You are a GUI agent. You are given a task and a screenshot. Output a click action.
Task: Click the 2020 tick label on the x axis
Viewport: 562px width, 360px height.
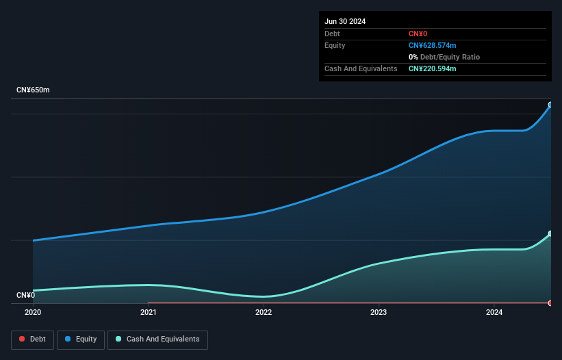33,313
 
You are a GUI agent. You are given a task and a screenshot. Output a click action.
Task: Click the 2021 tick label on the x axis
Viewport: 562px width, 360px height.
148,313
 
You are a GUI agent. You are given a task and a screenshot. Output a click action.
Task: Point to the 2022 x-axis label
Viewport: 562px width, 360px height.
264,313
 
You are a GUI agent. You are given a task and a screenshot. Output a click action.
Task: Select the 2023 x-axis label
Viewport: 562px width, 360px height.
379,313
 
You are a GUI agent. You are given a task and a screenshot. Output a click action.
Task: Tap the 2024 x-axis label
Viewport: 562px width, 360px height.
494,313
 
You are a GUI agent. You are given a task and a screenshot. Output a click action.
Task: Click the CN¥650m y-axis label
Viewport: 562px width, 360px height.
33,90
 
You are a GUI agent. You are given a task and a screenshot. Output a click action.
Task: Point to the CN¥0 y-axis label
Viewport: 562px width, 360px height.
25,296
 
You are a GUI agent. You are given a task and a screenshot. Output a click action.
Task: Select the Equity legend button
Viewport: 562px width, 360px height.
81,339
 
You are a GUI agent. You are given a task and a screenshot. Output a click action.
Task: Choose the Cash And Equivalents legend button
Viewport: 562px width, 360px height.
157,339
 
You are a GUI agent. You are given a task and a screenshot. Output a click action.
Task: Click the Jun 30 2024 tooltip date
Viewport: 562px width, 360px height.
345,21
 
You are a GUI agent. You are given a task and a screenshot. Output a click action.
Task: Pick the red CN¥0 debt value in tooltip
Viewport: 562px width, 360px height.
418,34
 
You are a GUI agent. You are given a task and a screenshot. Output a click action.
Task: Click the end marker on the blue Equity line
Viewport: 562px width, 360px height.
550,105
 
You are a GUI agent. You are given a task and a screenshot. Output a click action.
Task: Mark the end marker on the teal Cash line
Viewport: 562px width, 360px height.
550,234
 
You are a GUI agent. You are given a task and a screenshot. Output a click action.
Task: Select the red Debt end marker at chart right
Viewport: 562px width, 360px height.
550,303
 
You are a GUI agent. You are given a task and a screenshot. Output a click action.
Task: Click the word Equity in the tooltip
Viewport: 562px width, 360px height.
335,45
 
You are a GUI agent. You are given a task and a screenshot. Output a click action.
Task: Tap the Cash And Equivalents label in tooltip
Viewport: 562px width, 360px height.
361,68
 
